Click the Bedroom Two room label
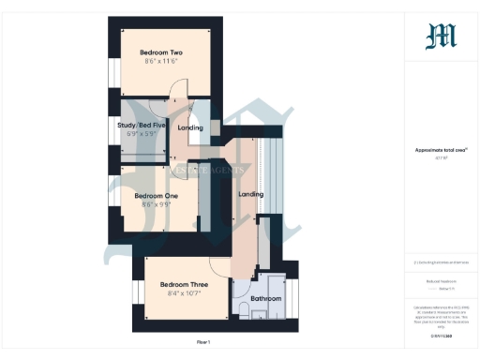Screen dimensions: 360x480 (x=160, y=52)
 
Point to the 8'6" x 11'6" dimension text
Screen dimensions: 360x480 (x=160, y=62)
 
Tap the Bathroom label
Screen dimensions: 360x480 (x=264, y=298)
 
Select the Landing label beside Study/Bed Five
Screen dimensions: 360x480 (x=190, y=127)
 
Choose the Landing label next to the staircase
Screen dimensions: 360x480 (x=250, y=194)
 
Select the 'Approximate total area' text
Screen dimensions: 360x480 (x=440, y=150)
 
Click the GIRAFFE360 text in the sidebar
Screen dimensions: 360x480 (x=440, y=334)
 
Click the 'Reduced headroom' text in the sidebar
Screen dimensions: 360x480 (x=440, y=279)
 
